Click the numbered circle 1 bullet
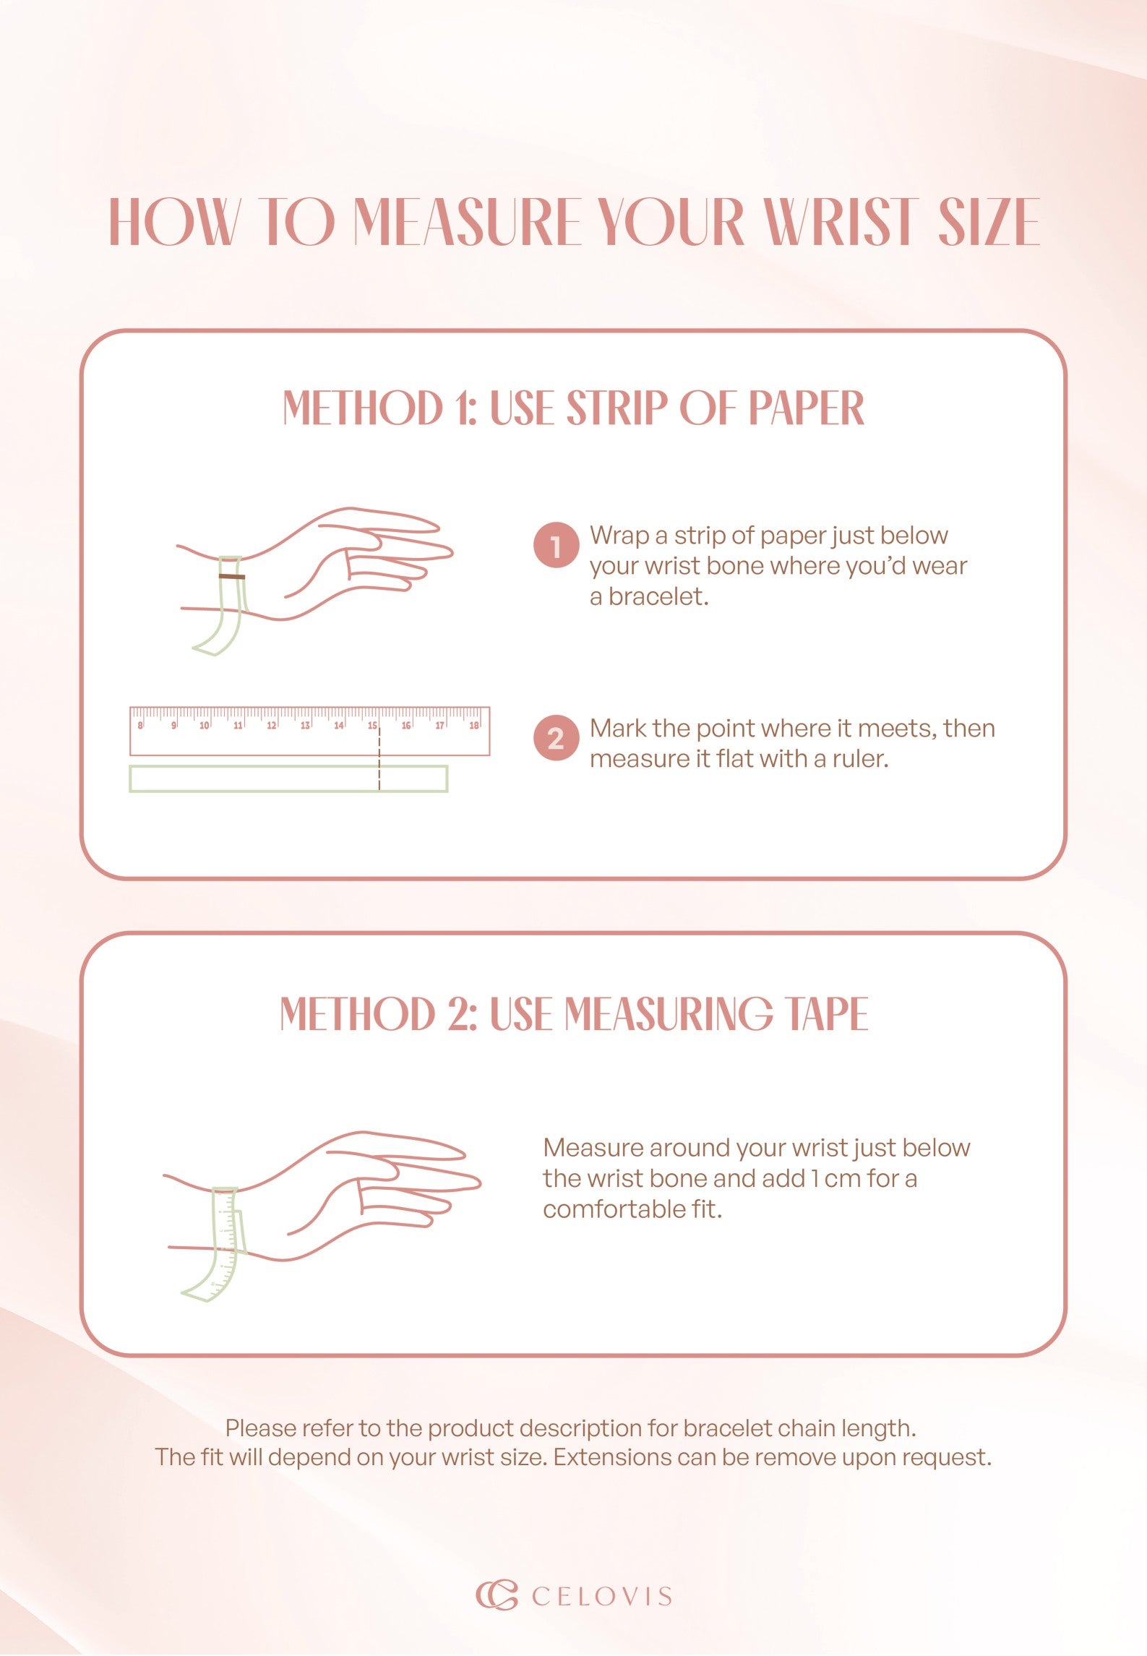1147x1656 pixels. click(556, 545)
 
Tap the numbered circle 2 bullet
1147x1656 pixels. click(556, 738)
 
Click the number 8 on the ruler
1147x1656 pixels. click(140, 725)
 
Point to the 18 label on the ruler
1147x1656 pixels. click(473, 725)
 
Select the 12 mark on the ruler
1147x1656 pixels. click(272, 725)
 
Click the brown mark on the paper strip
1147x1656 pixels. click(232, 576)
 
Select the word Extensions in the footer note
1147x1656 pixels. click(613, 1456)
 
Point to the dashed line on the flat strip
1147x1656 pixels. click(379, 759)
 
